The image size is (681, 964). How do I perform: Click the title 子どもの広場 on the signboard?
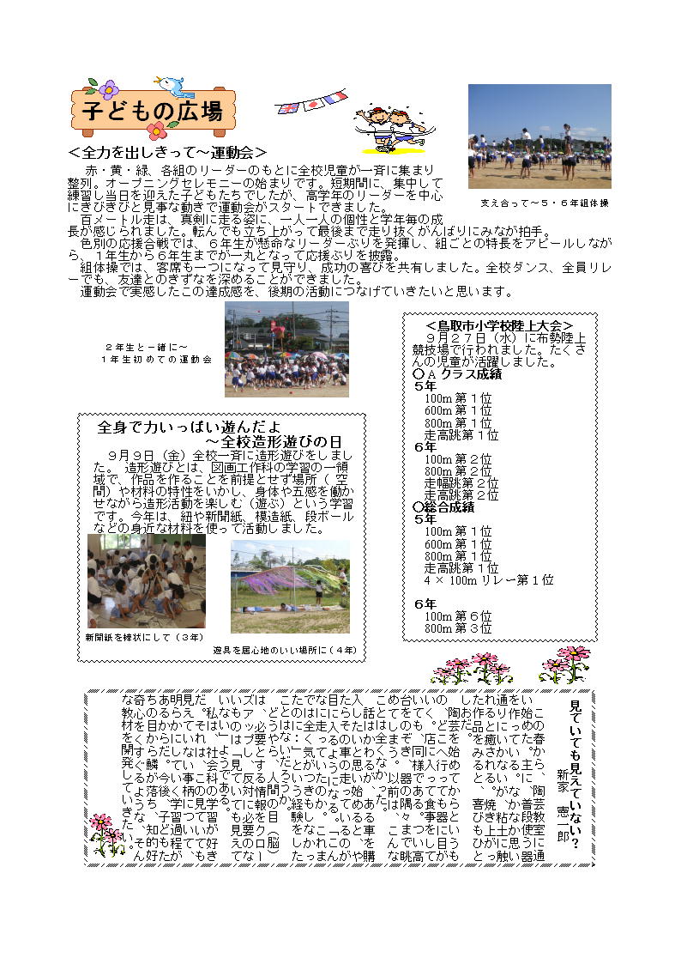152,111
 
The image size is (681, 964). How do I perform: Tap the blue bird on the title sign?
171,86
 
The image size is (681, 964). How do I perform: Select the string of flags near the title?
310,102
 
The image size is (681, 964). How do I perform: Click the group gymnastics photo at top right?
539,136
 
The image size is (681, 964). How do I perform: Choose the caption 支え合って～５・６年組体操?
544,203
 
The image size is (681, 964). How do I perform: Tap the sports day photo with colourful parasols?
286,349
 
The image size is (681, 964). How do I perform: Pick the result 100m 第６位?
458,616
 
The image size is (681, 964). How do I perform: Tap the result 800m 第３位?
458,628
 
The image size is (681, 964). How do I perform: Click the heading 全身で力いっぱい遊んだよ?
189,427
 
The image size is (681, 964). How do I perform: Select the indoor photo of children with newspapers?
146,581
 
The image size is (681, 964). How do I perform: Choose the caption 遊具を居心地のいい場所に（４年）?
285,649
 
